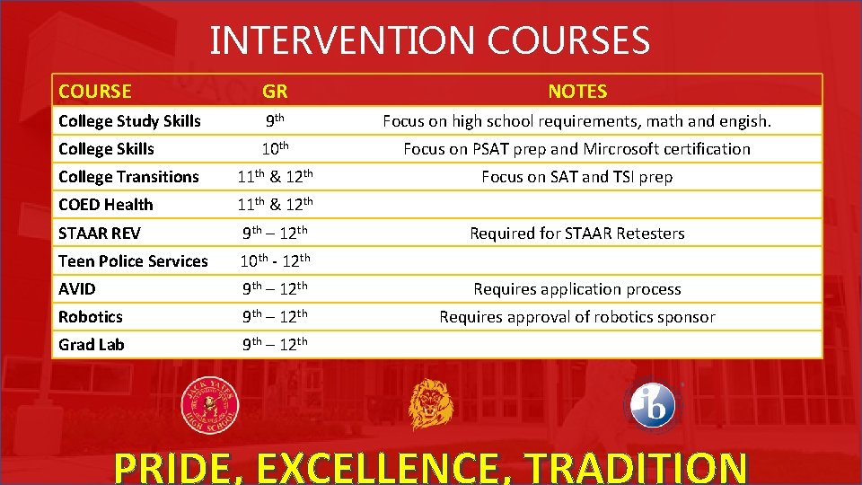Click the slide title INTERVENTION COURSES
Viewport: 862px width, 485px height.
(x=429, y=40)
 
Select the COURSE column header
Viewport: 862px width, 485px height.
(x=94, y=91)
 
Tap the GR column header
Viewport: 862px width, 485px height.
(x=275, y=91)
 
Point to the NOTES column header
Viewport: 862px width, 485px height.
(x=577, y=91)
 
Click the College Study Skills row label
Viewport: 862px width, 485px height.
(x=129, y=120)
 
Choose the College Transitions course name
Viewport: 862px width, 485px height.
(x=128, y=177)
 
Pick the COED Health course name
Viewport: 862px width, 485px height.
(x=105, y=205)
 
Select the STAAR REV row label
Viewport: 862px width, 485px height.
(x=99, y=233)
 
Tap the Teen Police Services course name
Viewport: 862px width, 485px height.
(x=133, y=261)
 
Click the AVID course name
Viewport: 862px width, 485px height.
(x=77, y=289)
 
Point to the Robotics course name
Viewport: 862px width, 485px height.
(x=90, y=317)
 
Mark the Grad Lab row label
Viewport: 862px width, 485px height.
(x=91, y=345)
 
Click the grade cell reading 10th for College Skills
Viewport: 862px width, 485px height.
(x=275, y=148)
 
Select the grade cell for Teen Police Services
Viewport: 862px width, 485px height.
(x=275, y=260)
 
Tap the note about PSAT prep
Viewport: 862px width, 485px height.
(x=576, y=149)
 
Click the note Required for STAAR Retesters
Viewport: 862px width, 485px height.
(x=577, y=234)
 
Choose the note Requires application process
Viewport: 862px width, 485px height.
(x=577, y=289)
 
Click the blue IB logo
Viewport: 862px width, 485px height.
(x=653, y=406)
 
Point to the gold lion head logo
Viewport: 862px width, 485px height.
(x=431, y=405)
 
